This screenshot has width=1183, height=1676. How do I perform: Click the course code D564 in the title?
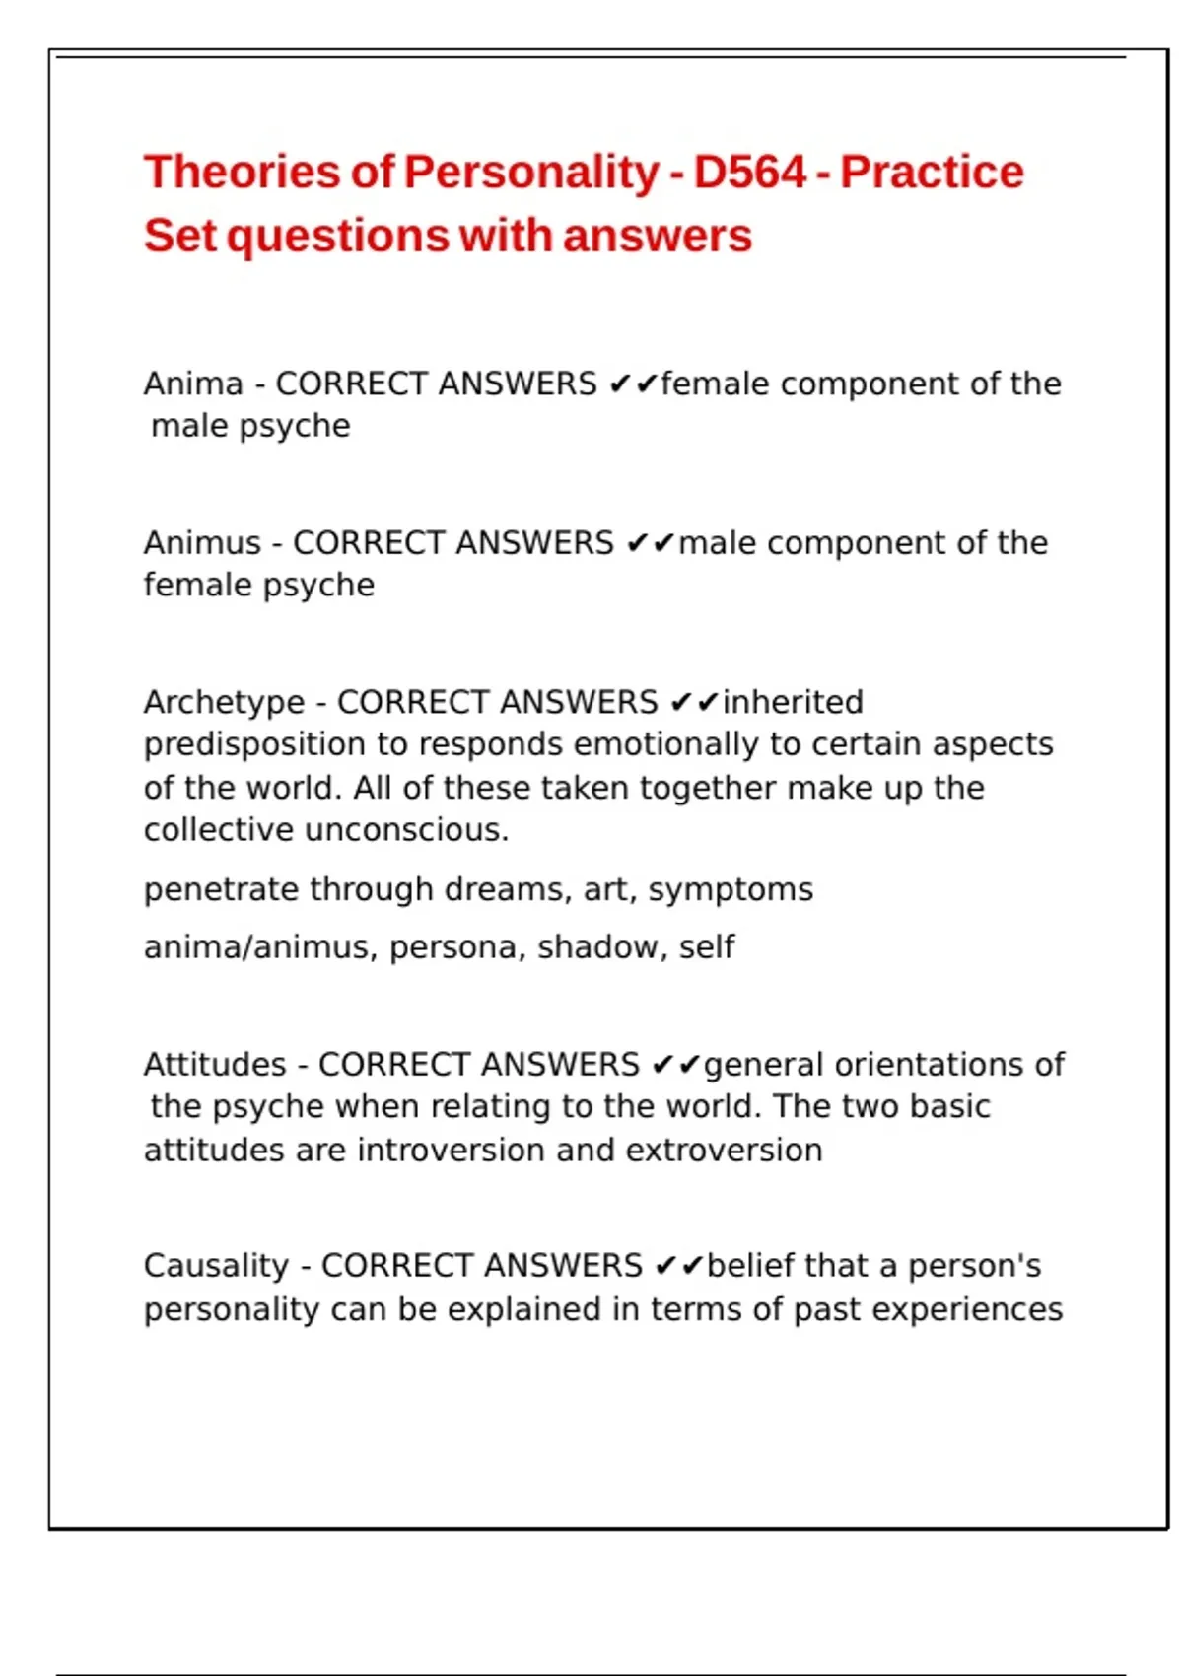pyautogui.click(x=749, y=173)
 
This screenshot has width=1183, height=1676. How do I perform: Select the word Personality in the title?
pyautogui.click(x=531, y=173)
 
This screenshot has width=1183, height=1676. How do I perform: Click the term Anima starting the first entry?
pyautogui.click(x=193, y=384)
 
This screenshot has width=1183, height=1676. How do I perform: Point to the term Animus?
pyautogui.click(x=202, y=543)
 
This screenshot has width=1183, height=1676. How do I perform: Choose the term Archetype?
pyautogui.click(x=224, y=702)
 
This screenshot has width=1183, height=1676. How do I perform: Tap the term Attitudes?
pyautogui.click(x=215, y=1065)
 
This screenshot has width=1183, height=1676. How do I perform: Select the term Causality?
pyautogui.click(x=216, y=1266)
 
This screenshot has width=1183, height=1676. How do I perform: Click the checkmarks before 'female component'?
pyautogui.click(x=632, y=384)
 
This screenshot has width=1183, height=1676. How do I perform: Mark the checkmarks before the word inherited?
pyautogui.click(x=694, y=702)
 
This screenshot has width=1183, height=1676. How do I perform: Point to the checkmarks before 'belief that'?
pyautogui.click(x=678, y=1266)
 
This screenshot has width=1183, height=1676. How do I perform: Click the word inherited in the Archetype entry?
pyautogui.click(x=793, y=702)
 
